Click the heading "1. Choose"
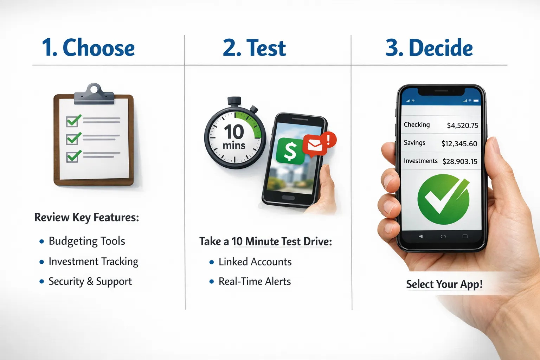(88, 48)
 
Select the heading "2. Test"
(254, 48)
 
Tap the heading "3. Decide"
(429, 48)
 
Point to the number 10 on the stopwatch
(234, 132)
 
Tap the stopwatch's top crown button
(234, 101)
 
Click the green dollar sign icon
(290, 151)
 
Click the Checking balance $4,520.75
(462, 126)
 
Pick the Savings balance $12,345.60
(459, 144)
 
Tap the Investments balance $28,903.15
(460, 162)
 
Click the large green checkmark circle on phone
(443, 200)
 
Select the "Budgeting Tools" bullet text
(87, 241)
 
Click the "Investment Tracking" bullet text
(94, 262)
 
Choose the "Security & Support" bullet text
(90, 282)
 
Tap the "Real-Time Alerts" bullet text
(255, 282)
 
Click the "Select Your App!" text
(444, 284)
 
